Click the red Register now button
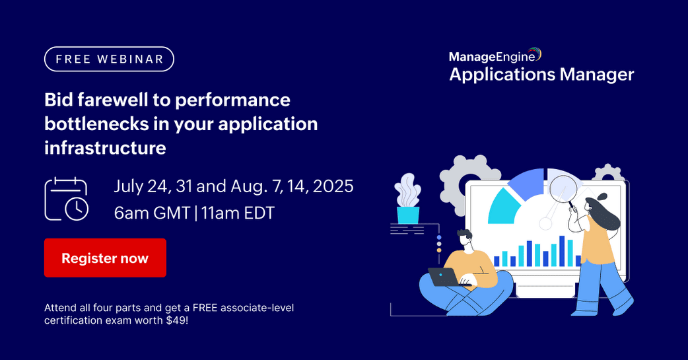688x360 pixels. (105, 258)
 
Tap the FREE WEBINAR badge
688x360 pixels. (109, 59)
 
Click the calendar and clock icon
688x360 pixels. (66, 199)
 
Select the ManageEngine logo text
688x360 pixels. (495, 56)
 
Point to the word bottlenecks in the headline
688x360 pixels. (96, 124)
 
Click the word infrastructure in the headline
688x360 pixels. (105, 148)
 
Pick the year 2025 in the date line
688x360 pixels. (333, 186)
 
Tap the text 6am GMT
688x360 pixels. (152, 213)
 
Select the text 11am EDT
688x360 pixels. (238, 213)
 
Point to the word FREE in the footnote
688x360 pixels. (205, 308)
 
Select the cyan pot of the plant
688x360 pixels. (408, 215)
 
